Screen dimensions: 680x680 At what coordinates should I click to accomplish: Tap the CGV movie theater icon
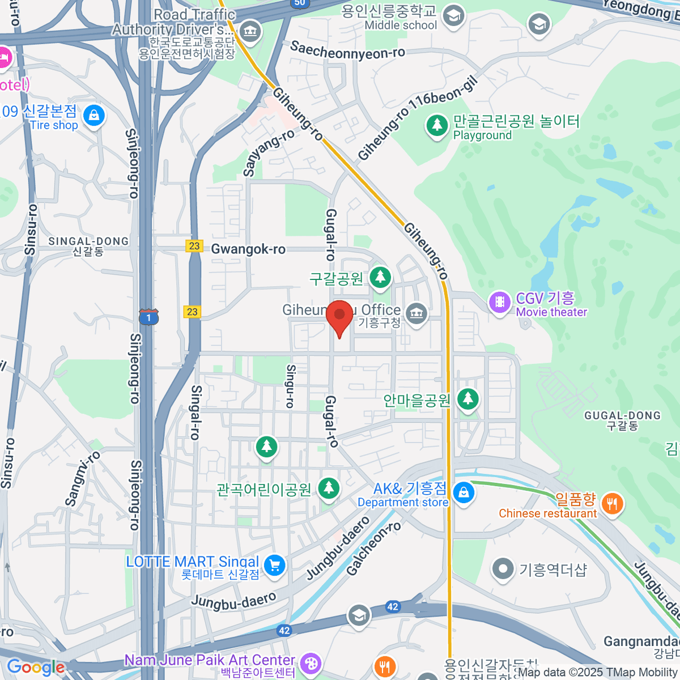pyautogui.click(x=499, y=302)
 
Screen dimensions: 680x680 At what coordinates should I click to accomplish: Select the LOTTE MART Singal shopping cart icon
pyautogui.click(x=275, y=565)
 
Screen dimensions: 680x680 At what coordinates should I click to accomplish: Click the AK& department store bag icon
pyautogui.click(x=464, y=492)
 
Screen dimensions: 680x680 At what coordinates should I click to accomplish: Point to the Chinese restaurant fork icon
pyautogui.click(x=612, y=503)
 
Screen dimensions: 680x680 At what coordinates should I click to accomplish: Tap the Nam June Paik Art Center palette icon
pyautogui.click(x=310, y=664)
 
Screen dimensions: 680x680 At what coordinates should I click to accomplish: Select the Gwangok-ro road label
pyautogui.click(x=248, y=249)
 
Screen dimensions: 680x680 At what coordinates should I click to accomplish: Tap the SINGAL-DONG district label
pyautogui.click(x=88, y=246)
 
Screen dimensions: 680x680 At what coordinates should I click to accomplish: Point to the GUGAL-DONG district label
pyautogui.click(x=622, y=420)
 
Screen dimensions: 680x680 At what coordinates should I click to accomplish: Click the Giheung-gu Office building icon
pyautogui.click(x=416, y=313)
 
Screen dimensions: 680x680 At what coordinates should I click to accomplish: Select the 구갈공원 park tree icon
pyautogui.click(x=380, y=278)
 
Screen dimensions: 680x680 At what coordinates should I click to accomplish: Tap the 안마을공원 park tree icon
pyautogui.click(x=467, y=399)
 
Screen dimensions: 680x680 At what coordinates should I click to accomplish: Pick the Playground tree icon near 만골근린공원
pyautogui.click(x=436, y=125)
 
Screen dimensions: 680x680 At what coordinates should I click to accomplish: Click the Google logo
pyautogui.click(x=35, y=668)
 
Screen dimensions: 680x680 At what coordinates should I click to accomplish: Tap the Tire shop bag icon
pyautogui.click(x=93, y=116)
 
